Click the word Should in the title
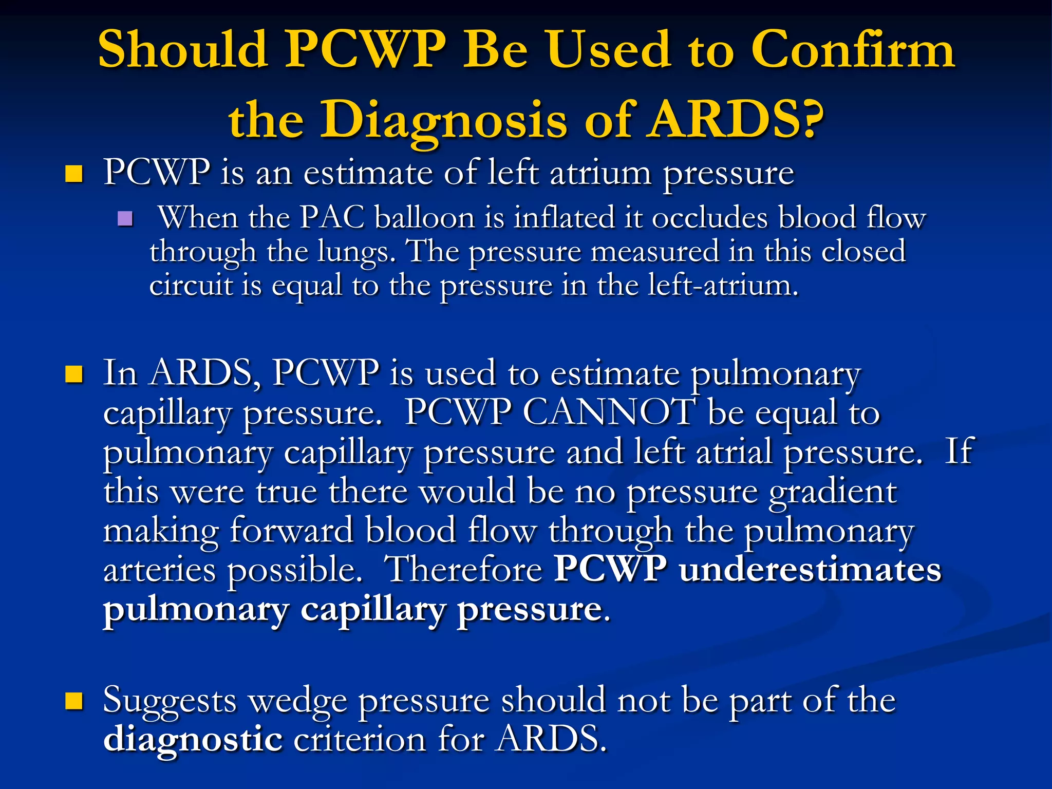point(182,50)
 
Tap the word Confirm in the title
point(853,50)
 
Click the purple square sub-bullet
point(125,219)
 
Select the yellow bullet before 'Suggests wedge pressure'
point(74,700)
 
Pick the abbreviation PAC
point(332,218)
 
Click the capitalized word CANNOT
point(609,412)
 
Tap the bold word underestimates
point(810,570)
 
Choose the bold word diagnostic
point(193,739)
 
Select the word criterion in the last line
point(360,739)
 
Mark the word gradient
point(833,492)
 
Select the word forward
point(291,531)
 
